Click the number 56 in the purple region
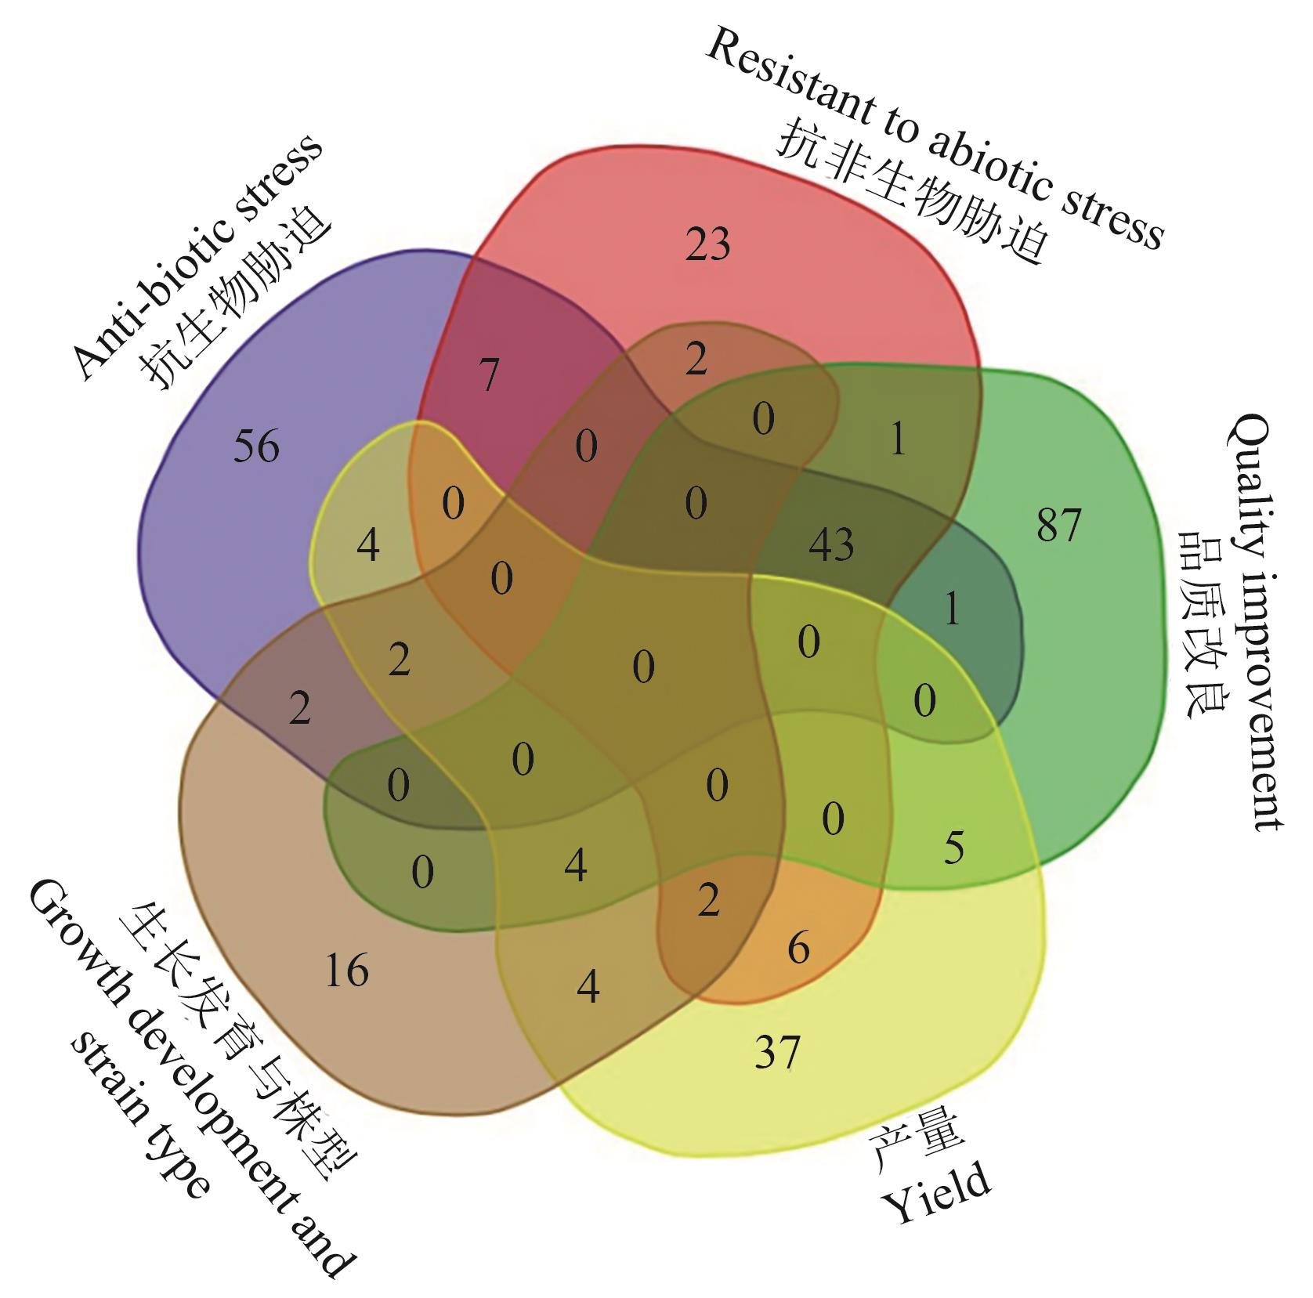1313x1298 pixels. point(256,447)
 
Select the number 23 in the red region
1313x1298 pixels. point(707,244)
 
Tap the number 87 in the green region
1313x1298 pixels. point(1058,525)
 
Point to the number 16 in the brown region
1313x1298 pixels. point(346,971)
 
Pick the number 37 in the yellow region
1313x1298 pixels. point(777,1052)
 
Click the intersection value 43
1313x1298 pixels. point(831,544)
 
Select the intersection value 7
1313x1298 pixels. point(490,374)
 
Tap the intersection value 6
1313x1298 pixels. point(798,949)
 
